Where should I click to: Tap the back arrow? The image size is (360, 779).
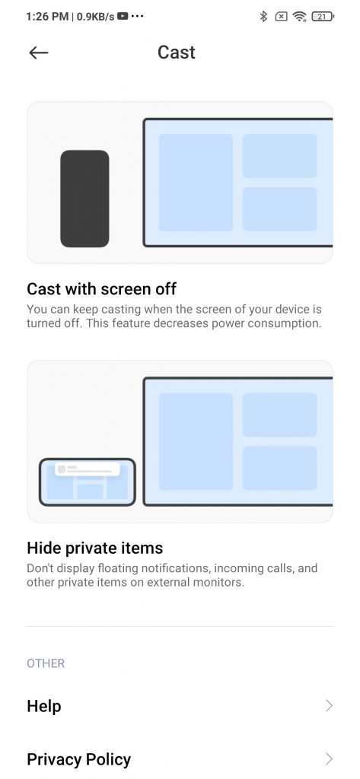click(x=38, y=52)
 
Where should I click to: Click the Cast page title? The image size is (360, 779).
click(x=177, y=52)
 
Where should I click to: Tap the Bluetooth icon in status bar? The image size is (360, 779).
click(x=263, y=17)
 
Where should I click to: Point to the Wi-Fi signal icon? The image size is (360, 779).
click(x=299, y=17)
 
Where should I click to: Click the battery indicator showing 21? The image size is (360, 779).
click(x=323, y=17)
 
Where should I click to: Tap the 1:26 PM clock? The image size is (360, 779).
click(x=46, y=17)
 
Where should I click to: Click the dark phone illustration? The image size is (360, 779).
click(x=84, y=199)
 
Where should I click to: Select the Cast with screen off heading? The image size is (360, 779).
click(x=101, y=288)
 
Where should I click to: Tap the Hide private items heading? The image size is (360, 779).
click(x=95, y=548)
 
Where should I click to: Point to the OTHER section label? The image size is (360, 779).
click(x=46, y=663)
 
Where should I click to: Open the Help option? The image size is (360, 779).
click(x=44, y=706)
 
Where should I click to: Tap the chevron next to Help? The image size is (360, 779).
click(x=329, y=706)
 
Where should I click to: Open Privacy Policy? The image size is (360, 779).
click(x=79, y=759)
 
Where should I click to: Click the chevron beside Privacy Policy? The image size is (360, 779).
click(x=329, y=758)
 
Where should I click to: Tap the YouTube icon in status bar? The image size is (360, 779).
click(x=123, y=17)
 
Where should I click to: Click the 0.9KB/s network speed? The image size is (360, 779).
click(x=96, y=17)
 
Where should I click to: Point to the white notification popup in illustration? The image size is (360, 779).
click(x=88, y=469)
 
